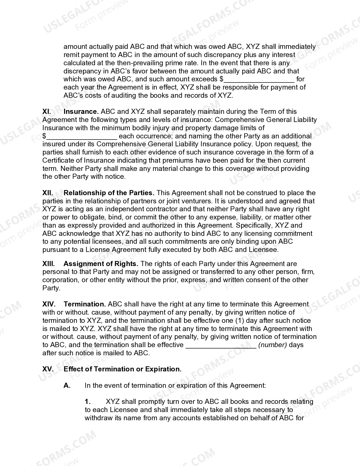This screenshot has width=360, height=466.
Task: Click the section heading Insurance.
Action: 81,112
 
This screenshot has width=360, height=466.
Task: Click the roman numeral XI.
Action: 47,112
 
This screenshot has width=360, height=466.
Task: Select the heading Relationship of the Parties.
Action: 109,193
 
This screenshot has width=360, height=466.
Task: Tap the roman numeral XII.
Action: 47,193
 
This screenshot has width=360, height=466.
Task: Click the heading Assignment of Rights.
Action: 101,264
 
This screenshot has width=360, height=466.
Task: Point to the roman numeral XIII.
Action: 48,264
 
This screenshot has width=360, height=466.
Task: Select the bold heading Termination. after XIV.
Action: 85,304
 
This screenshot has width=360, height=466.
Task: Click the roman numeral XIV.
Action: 49,304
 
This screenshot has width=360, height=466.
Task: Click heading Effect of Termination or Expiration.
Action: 123,369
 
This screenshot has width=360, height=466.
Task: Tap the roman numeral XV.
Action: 48,369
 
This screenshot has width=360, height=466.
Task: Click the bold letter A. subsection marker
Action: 67,386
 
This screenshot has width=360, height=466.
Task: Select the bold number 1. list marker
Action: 88,402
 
